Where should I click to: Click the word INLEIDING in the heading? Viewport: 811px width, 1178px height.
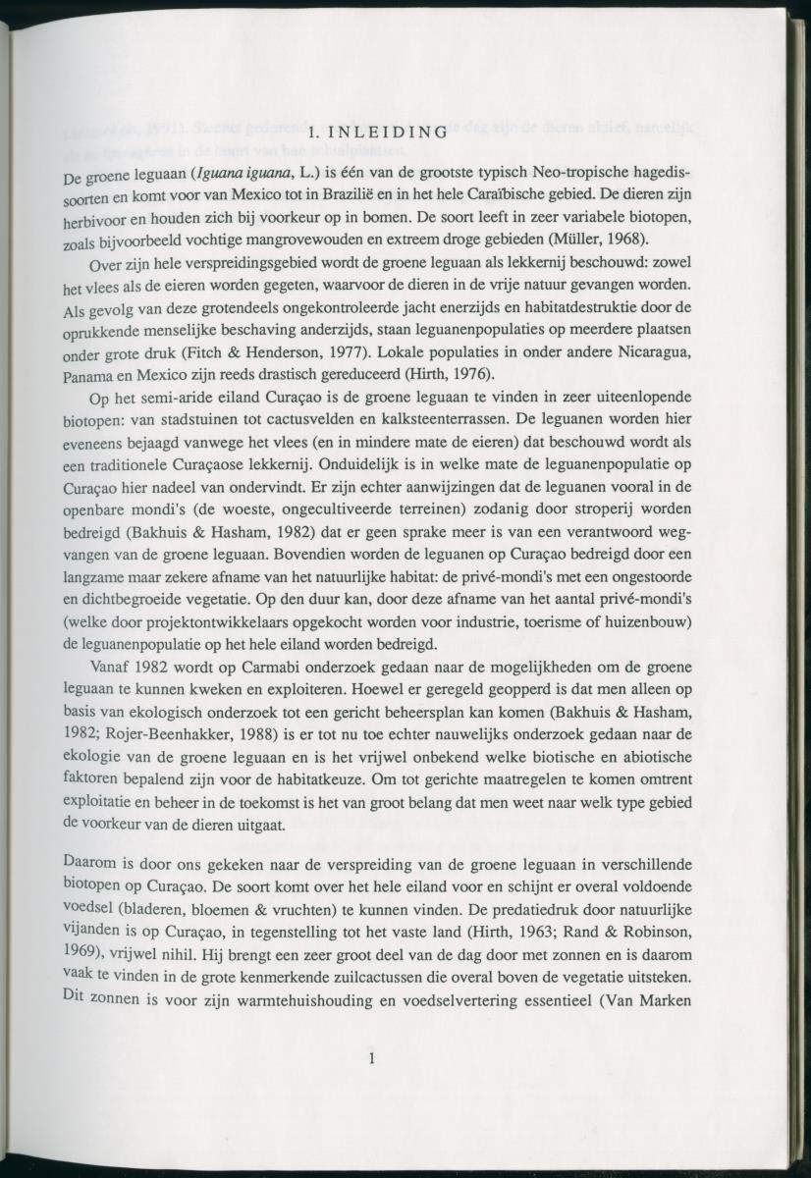pos(392,132)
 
